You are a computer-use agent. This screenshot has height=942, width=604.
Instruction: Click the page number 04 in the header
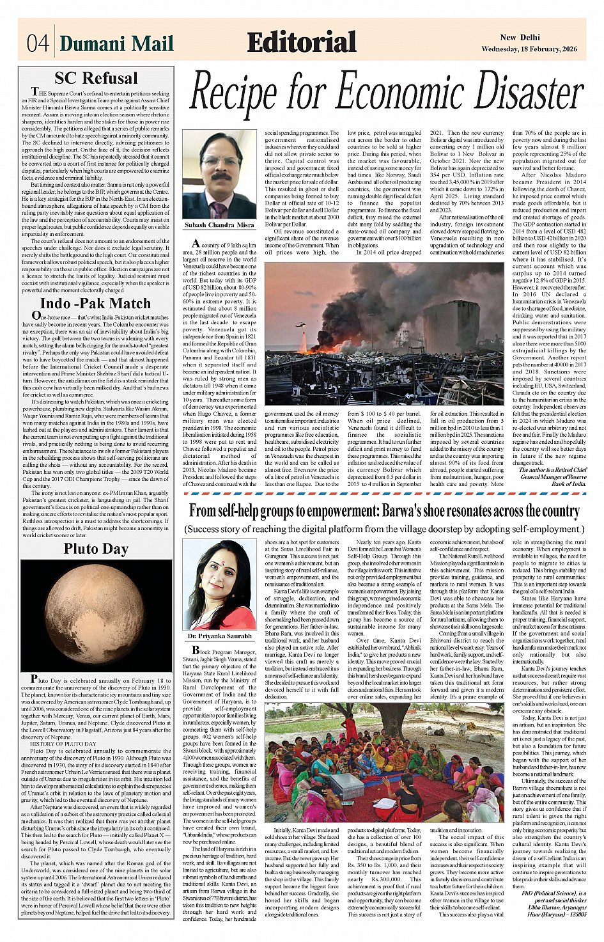[x=38, y=43]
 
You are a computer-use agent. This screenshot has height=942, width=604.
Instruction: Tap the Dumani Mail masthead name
[x=117, y=43]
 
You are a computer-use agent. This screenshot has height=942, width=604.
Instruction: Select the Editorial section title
[x=301, y=42]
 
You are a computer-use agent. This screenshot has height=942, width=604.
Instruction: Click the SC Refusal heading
[x=96, y=78]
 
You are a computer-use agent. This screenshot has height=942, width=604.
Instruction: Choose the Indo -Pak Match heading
[x=95, y=303]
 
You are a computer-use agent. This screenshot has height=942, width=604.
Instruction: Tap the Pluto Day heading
[x=96, y=549]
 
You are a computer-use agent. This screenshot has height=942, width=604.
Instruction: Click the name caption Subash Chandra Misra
[x=219, y=225]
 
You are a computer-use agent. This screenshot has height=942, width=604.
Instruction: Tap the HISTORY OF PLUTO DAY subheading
[x=63, y=744]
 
